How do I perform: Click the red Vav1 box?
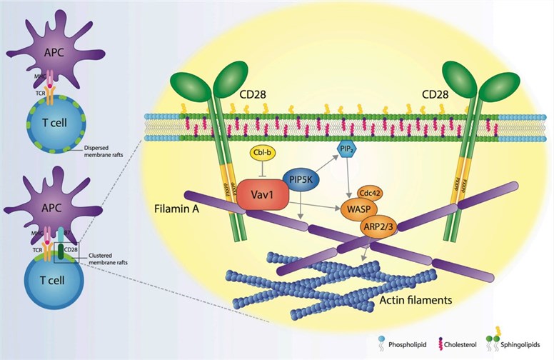click(x=262, y=194)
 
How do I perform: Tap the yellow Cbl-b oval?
click(x=261, y=154)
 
